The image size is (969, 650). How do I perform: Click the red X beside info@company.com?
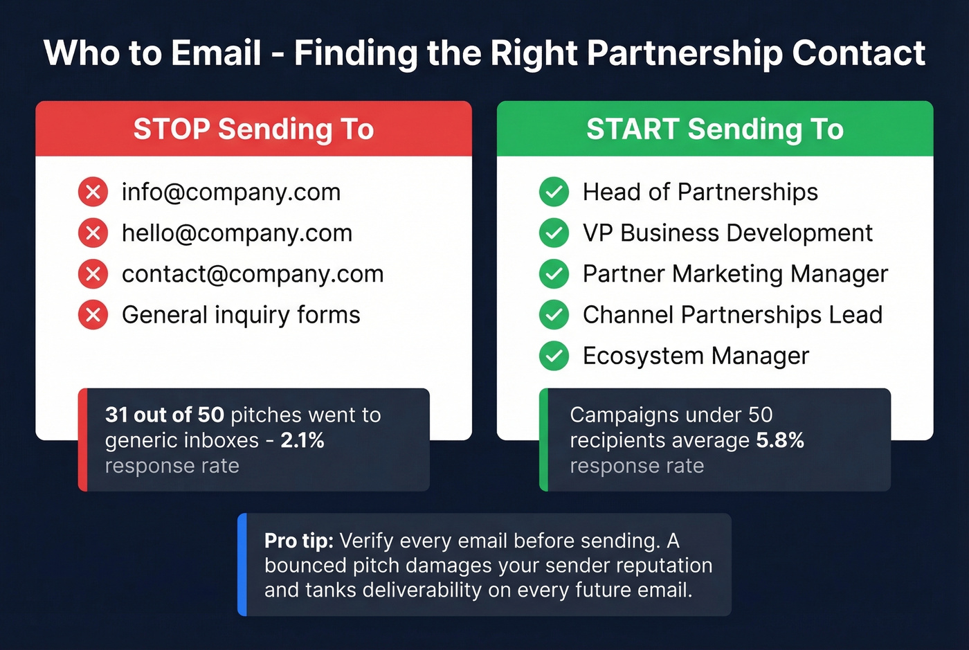93,192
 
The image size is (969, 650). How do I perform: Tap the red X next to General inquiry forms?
93,315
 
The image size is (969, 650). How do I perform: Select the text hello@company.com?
237,233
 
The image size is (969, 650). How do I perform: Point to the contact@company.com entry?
253,274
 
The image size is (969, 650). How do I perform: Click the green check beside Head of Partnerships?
554,192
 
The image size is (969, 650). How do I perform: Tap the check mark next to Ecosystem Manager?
554,356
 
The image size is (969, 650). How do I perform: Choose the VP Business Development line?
727,233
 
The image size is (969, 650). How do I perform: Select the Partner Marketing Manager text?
735,274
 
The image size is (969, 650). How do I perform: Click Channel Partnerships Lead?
732,315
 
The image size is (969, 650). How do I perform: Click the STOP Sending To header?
253,129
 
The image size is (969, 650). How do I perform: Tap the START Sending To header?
715,129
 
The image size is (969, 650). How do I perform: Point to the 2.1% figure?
302,440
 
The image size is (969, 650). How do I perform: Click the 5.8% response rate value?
780,440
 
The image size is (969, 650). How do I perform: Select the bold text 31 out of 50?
165,415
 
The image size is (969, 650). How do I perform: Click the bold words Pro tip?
299,541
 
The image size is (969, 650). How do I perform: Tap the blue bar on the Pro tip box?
242,564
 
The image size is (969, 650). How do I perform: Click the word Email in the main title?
216,53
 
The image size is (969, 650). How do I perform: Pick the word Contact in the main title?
858,53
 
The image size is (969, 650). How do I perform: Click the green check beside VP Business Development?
554,233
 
